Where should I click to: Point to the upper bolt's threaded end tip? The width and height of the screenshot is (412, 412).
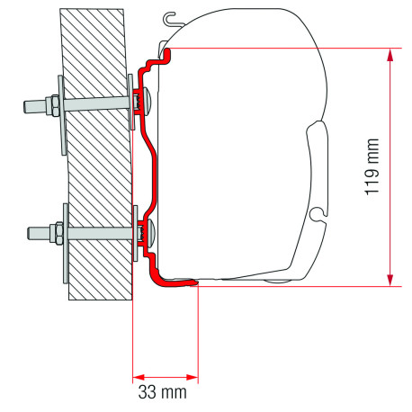(x=22, y=106)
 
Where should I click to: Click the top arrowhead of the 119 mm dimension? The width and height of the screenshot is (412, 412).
(x=390, y=54)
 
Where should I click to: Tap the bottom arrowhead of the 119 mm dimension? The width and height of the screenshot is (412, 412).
(x=390, y=280)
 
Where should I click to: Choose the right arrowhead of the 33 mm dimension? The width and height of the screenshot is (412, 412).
(x=193, y=376)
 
